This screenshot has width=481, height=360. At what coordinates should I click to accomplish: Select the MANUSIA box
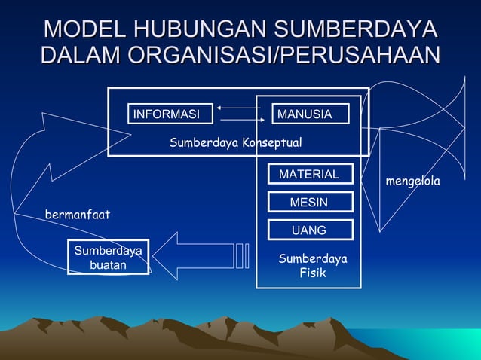click(x=311, y=114)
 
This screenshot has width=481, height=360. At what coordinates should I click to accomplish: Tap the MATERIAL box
click(x=309, y=174)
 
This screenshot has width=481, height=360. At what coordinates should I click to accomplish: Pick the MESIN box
click(x=309, y=203)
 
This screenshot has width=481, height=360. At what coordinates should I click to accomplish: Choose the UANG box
click(x=309, y=230)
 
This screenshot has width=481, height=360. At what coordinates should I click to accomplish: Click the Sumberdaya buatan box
click(x=108, y=257)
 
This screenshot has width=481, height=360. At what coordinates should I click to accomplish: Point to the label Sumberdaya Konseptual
click(x=235, y=142)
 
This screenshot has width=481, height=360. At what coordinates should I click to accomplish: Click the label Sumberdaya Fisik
click(x=312, y=266)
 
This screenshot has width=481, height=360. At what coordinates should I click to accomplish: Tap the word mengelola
click(x=413, y=182)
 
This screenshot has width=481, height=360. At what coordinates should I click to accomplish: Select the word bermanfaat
click(x=78, y=215)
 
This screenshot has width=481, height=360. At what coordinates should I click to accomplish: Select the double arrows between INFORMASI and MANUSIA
click(x=239, y=114)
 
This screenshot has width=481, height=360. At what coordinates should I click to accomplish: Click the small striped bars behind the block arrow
click(x=242, y=256)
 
